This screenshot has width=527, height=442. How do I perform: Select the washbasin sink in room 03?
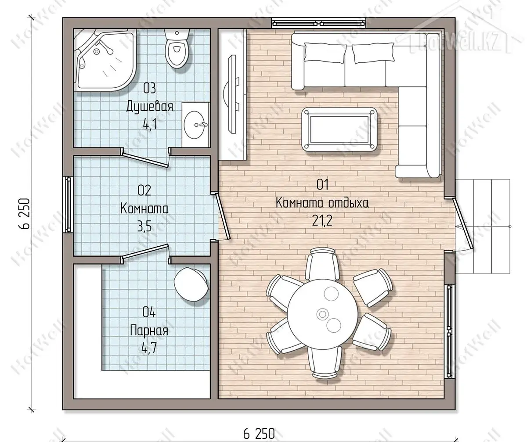pos(195,124)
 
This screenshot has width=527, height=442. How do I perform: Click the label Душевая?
pos(150,106)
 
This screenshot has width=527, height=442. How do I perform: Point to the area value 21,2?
pos(322,221)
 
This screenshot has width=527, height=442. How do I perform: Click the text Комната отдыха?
pos(322,203)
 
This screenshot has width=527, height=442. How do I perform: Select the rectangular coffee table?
pos(339,129)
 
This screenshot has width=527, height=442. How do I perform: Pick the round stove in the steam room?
pos(191,284)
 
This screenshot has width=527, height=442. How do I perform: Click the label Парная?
pos(149,331)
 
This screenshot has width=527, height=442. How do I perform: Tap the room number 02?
pos(144,190)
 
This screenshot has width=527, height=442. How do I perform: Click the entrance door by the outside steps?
pos(462,223)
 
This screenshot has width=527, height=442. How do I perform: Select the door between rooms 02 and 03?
pos(144,159)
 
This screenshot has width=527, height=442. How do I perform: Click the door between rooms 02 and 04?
pos(145,253)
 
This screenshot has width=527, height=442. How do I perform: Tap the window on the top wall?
pos(318,24)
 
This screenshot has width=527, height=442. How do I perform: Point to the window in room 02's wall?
pos(68,204)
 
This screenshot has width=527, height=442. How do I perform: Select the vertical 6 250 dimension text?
pos(25,214)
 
